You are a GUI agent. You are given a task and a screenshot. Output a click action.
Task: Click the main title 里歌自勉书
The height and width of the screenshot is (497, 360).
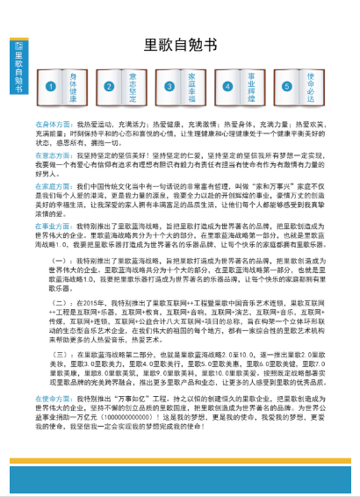click(179, 46)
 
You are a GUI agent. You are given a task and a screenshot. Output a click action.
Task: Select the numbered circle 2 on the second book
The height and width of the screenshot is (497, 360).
click(109, 86)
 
